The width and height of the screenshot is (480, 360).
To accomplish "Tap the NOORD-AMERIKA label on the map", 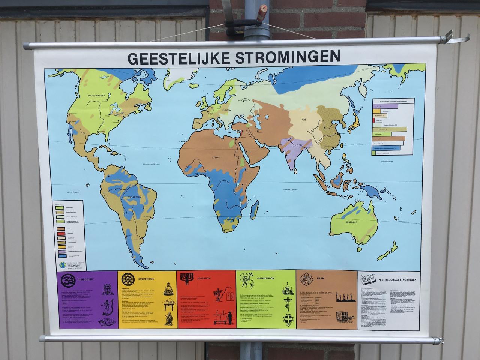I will click(x=96, y=96).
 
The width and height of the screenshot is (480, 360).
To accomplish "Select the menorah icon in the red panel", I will click(x=186, y=278).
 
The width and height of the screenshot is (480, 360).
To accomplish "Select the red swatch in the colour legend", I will click(x=59, y=233).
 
